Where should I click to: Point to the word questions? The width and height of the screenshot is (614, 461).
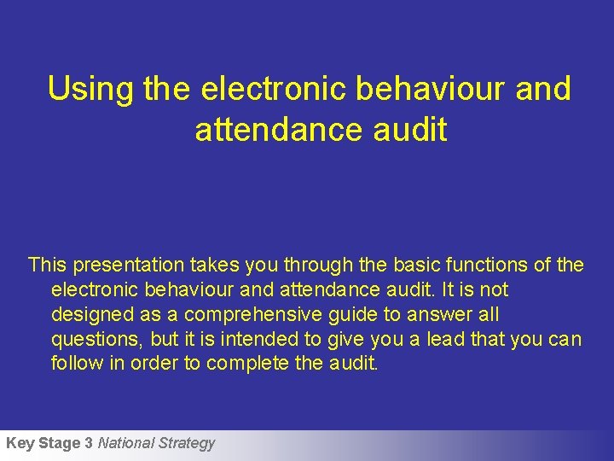click(96, 340)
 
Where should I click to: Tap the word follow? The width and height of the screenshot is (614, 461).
click(73, 364)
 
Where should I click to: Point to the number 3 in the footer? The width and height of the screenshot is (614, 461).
click(89, 443)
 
